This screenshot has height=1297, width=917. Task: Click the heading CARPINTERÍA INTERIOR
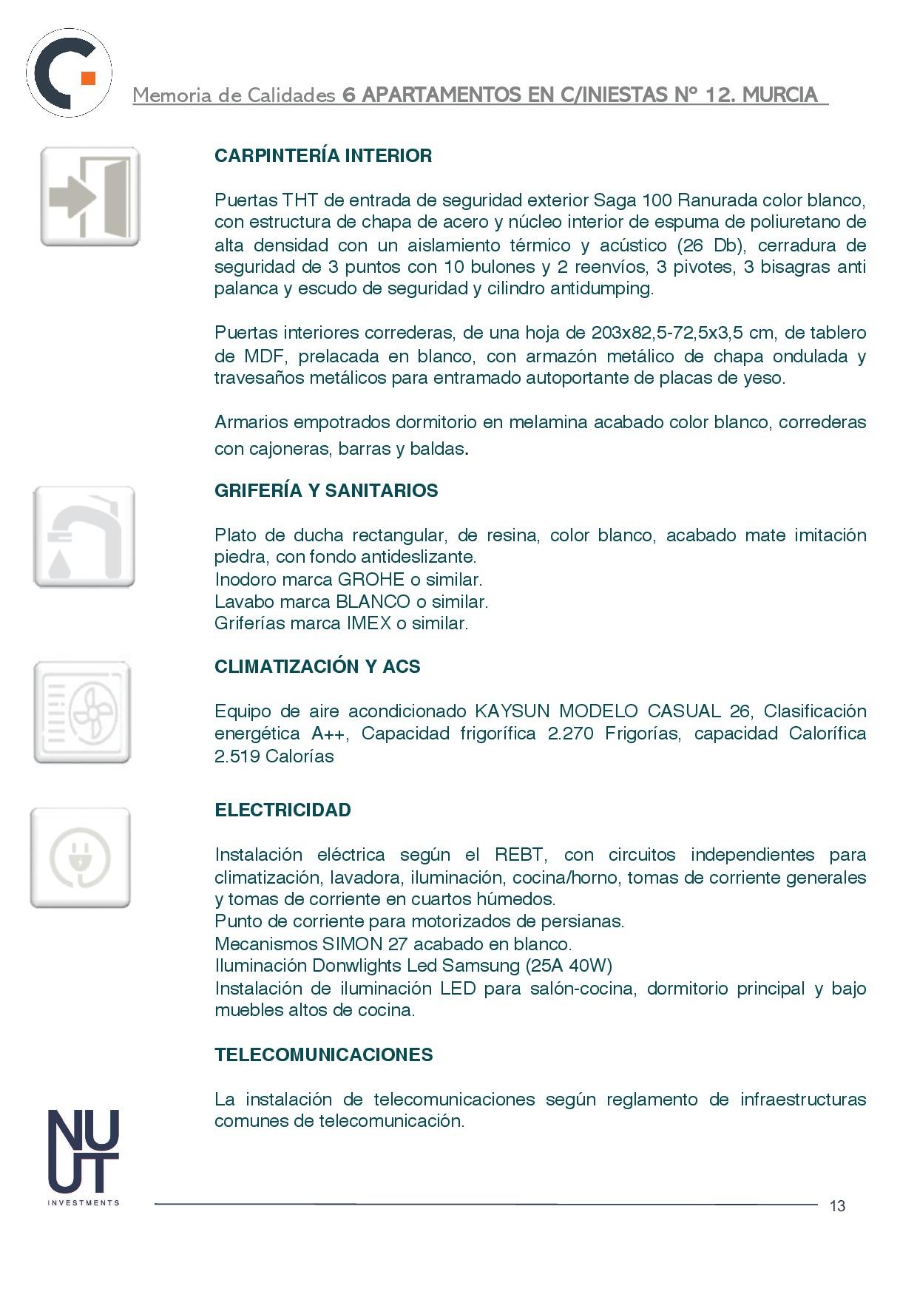tap(323, 156)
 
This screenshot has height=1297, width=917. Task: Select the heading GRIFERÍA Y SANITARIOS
tap(326, 491)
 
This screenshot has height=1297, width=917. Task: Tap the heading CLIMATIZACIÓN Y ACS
tap(317, 667)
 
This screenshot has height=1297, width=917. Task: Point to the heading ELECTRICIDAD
tap(282, 810)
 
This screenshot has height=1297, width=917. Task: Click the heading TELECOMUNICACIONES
tap(323, 1055)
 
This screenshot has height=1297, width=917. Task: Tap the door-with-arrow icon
tap(89, 197)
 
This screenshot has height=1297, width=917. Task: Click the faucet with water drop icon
tap(84, 538)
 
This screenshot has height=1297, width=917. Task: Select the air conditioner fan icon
tap(82, 713)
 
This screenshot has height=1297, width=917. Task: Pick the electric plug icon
tap(80, 858)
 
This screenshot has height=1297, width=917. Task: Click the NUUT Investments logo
tap(83, 1157)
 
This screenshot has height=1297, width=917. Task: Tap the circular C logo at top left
tap(70, 72)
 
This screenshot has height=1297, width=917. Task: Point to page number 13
tap(837, 1206)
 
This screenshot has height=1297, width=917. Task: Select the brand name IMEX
tap(368, 623)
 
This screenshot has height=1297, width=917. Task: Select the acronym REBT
tap(520, 856)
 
